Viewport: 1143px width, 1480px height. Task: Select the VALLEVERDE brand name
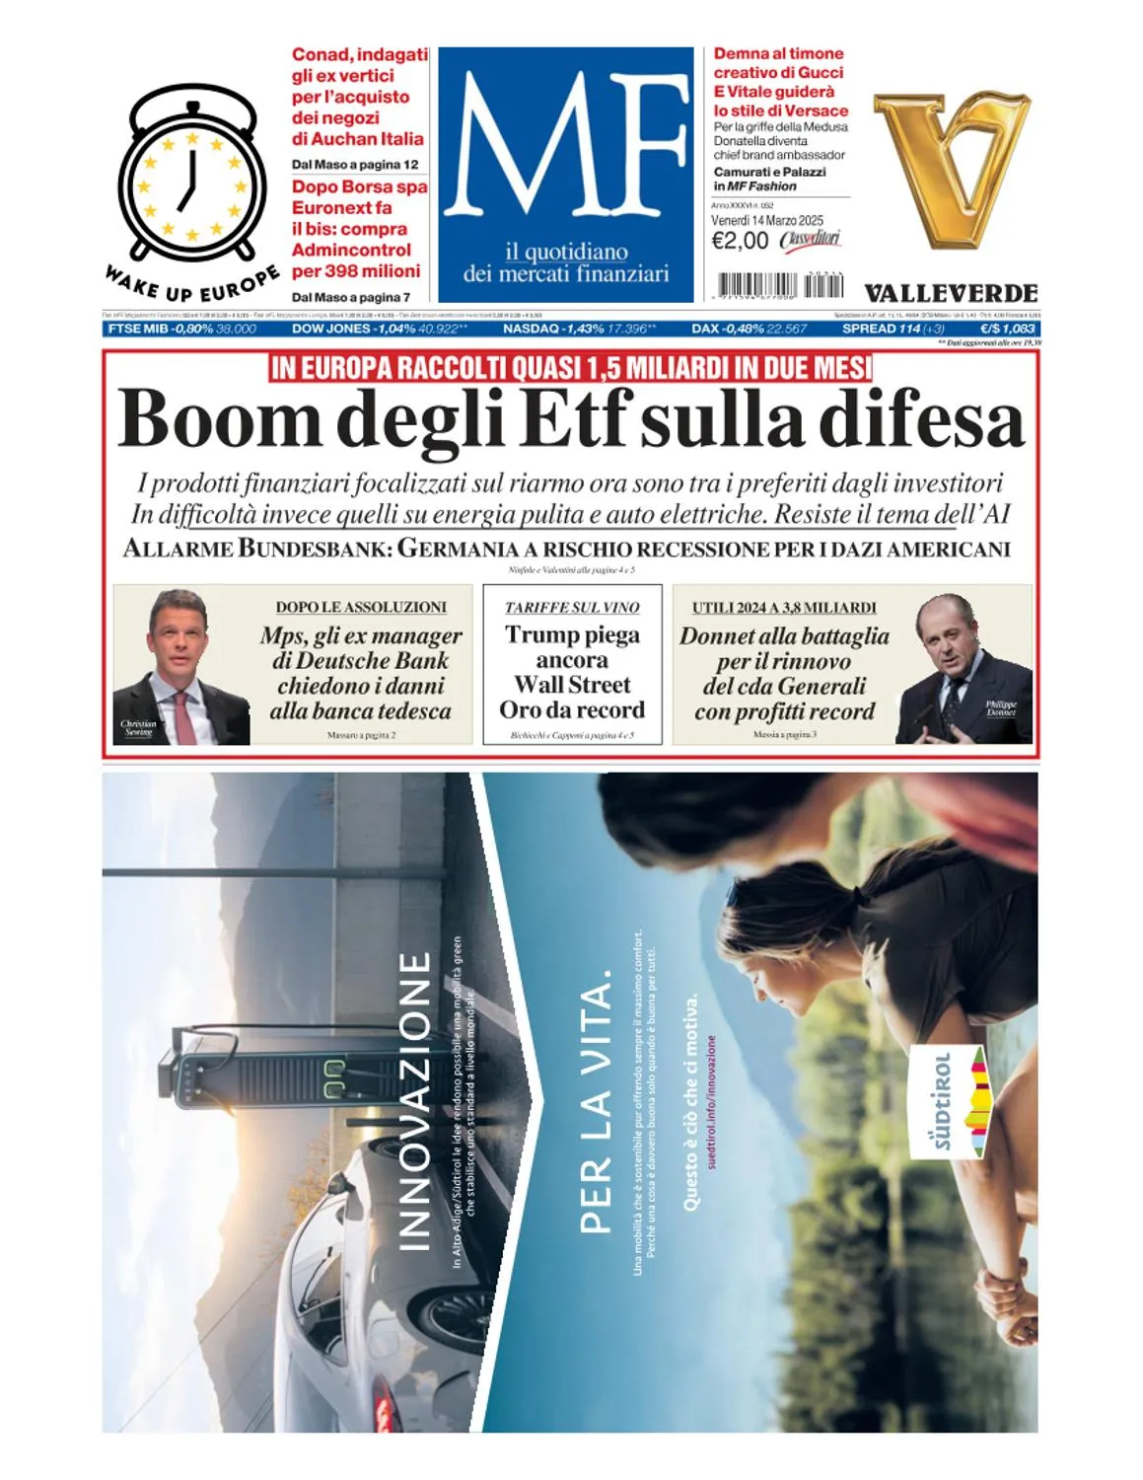[x=951, y=293]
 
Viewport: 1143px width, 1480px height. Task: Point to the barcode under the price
[x=778, y=286]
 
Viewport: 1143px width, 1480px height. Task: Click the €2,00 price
[x=740, y=241]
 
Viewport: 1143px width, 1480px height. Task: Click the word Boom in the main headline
[x=219, y=419]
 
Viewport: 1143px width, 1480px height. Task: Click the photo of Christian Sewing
[x=181, y=667]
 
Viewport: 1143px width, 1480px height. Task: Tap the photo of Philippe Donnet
[x=964, y=669]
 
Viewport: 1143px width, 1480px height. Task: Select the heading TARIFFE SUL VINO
[x=572, y=608]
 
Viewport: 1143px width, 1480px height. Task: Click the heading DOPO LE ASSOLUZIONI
[x=361, y=608]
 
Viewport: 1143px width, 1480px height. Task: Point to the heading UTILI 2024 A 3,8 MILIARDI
[x=784, y=608]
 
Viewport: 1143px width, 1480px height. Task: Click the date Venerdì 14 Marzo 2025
[x=766, y=220]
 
